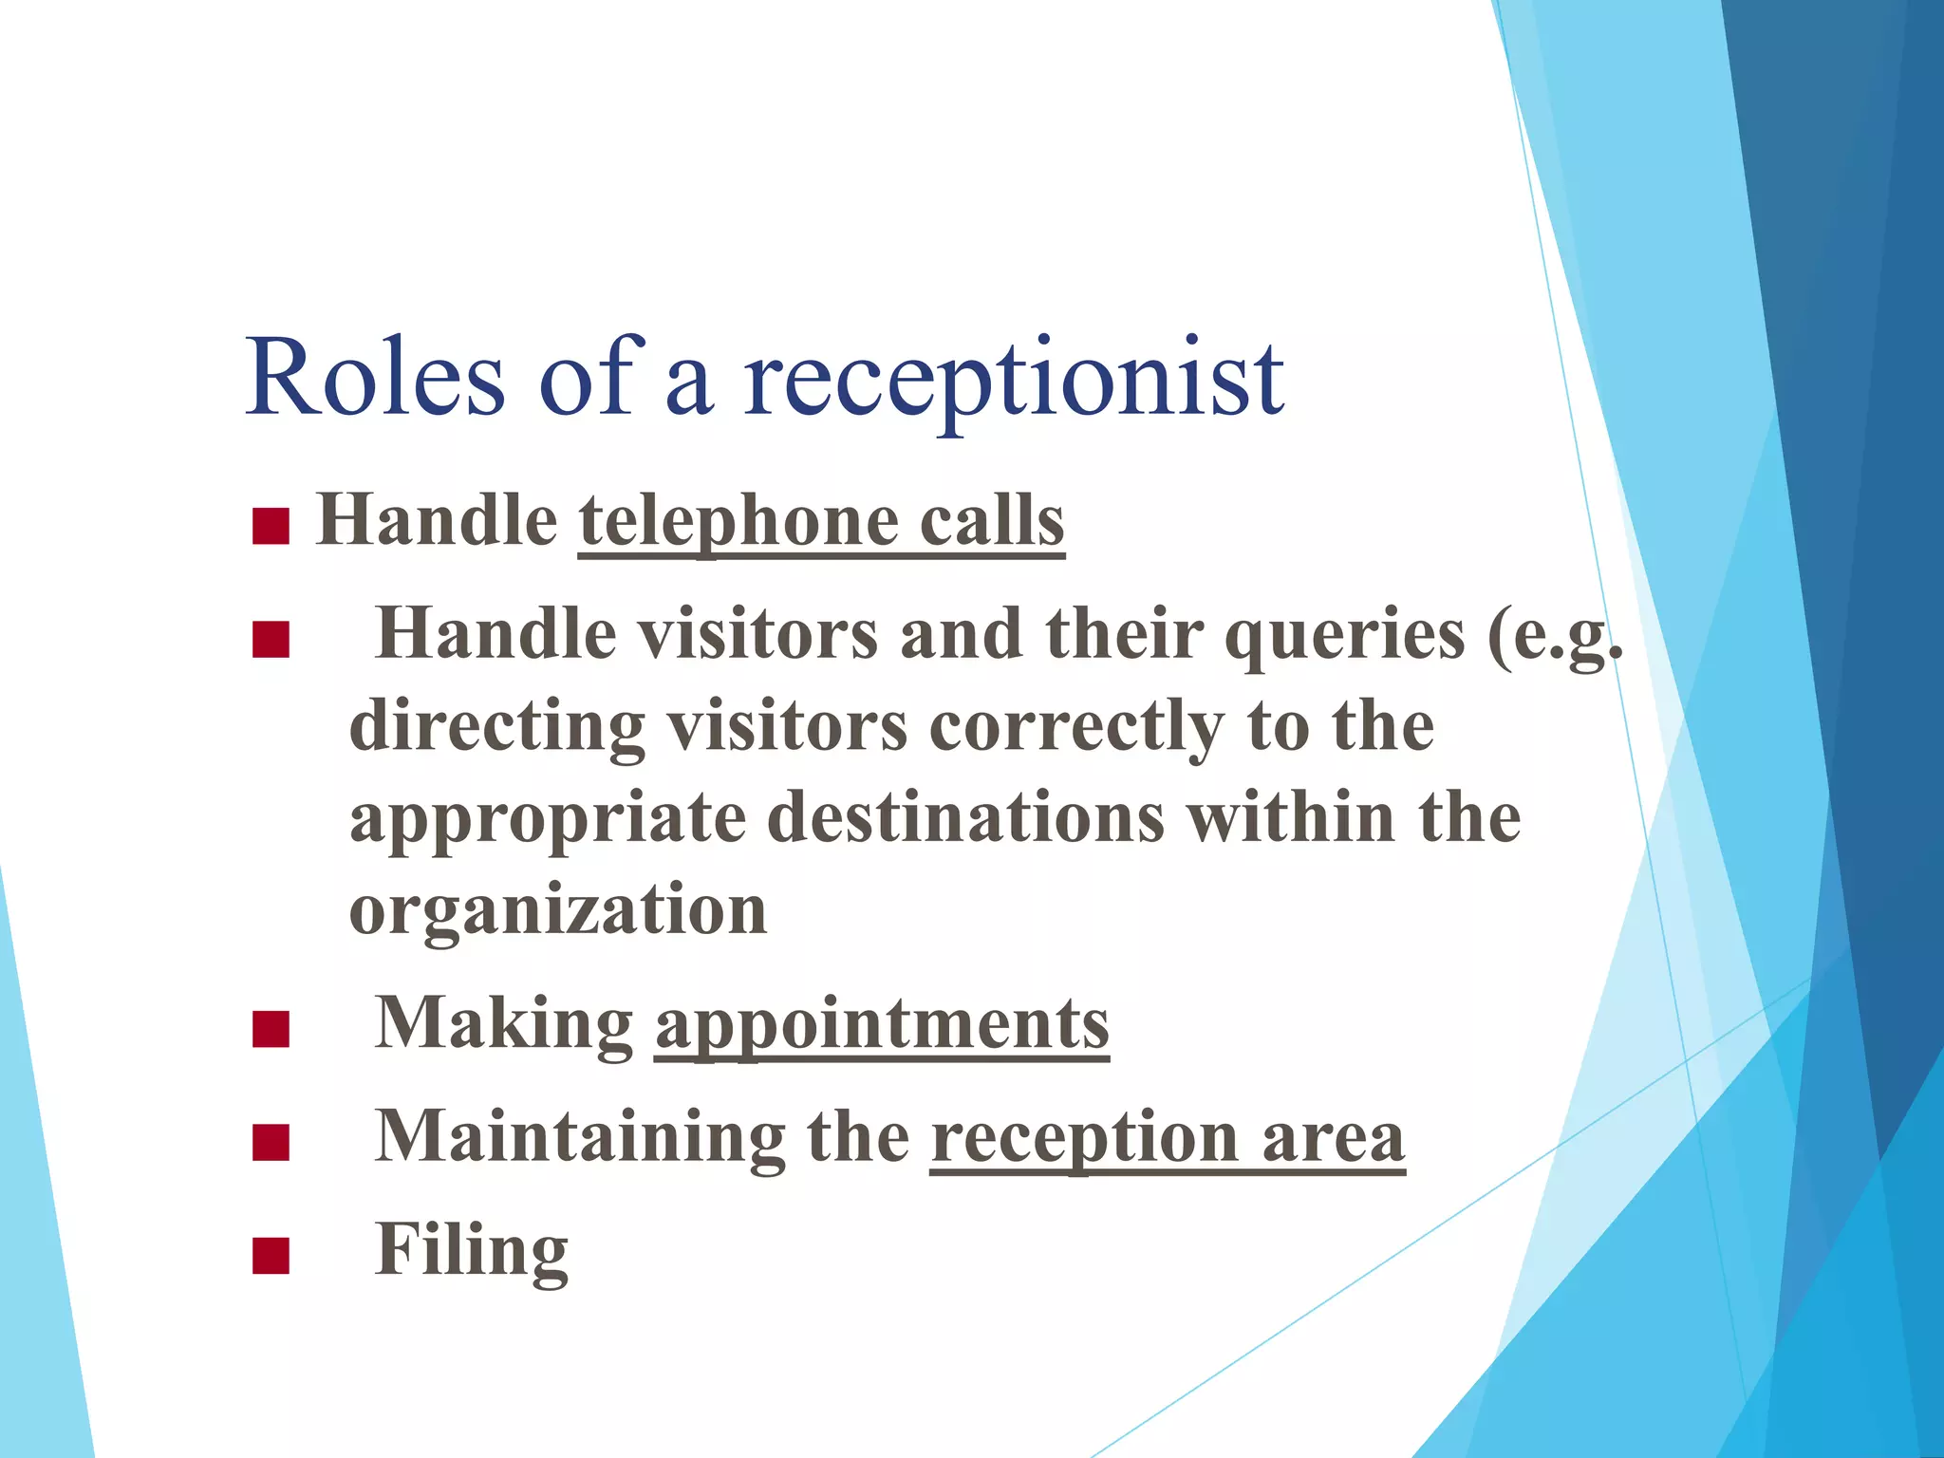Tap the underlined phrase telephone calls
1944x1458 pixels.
click(x=821, y=522)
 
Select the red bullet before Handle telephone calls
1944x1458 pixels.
click(x=271, y=527)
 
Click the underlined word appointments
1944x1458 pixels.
click(x=882, y=1024)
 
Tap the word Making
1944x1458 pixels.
click(x=504, y=1024)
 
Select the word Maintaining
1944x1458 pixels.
click(x=579, y=1136)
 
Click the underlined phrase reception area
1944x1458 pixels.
click(x=1168, y=1138)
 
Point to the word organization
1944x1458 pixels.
click(x=558, y=909)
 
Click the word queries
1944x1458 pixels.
click(x=1345, y=635)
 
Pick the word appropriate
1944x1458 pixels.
click(x=548, y=818)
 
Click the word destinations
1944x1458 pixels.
click(x=965, y=818)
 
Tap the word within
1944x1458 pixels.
click(x=1292, y=818)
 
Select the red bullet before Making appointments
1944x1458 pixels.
click(x=271, y=1029)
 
